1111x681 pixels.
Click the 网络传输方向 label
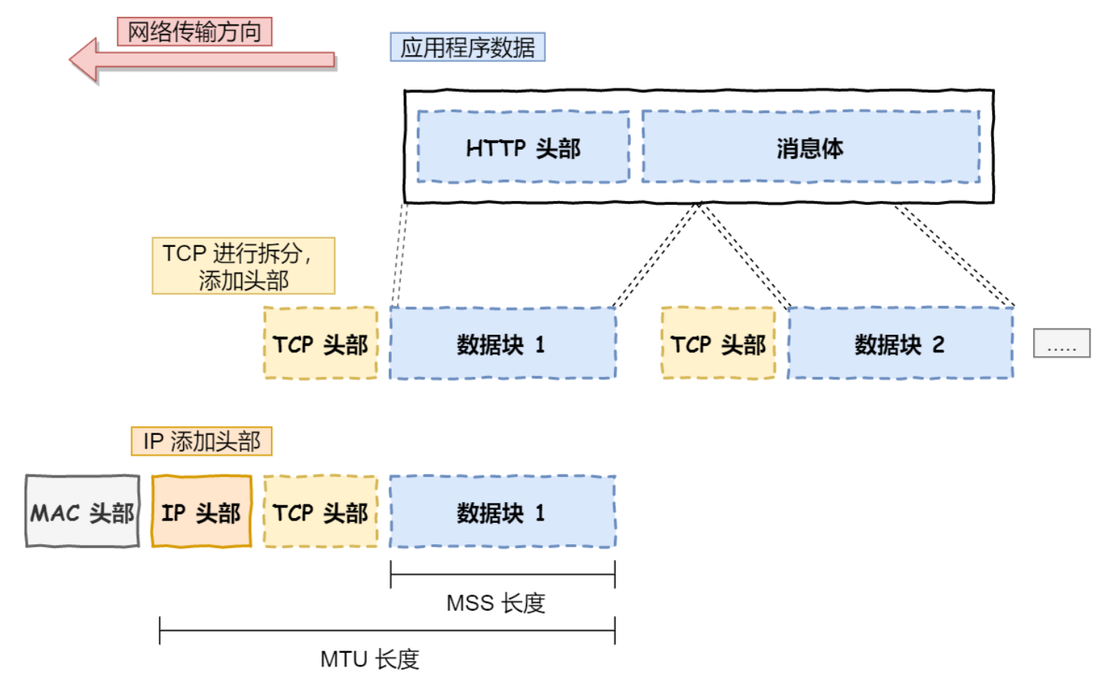195,32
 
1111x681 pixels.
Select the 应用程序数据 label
468,47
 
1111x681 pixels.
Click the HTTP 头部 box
524,147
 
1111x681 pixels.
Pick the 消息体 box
811,147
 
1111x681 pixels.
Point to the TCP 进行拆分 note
244,266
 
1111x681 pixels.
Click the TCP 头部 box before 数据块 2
719,343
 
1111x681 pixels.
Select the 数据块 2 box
901,343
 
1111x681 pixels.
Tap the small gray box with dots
1062,343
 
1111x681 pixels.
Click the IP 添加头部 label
202,441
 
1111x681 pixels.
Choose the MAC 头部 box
82,511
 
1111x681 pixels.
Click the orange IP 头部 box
202,511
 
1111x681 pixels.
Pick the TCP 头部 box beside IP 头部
321,511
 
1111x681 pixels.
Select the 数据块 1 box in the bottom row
503,511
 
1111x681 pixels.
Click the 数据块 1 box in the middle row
503,343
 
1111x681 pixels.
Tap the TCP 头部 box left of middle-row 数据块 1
321,343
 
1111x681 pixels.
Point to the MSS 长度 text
496,604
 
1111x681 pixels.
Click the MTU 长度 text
370,660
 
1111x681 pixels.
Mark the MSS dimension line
503,575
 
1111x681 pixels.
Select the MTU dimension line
387,631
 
